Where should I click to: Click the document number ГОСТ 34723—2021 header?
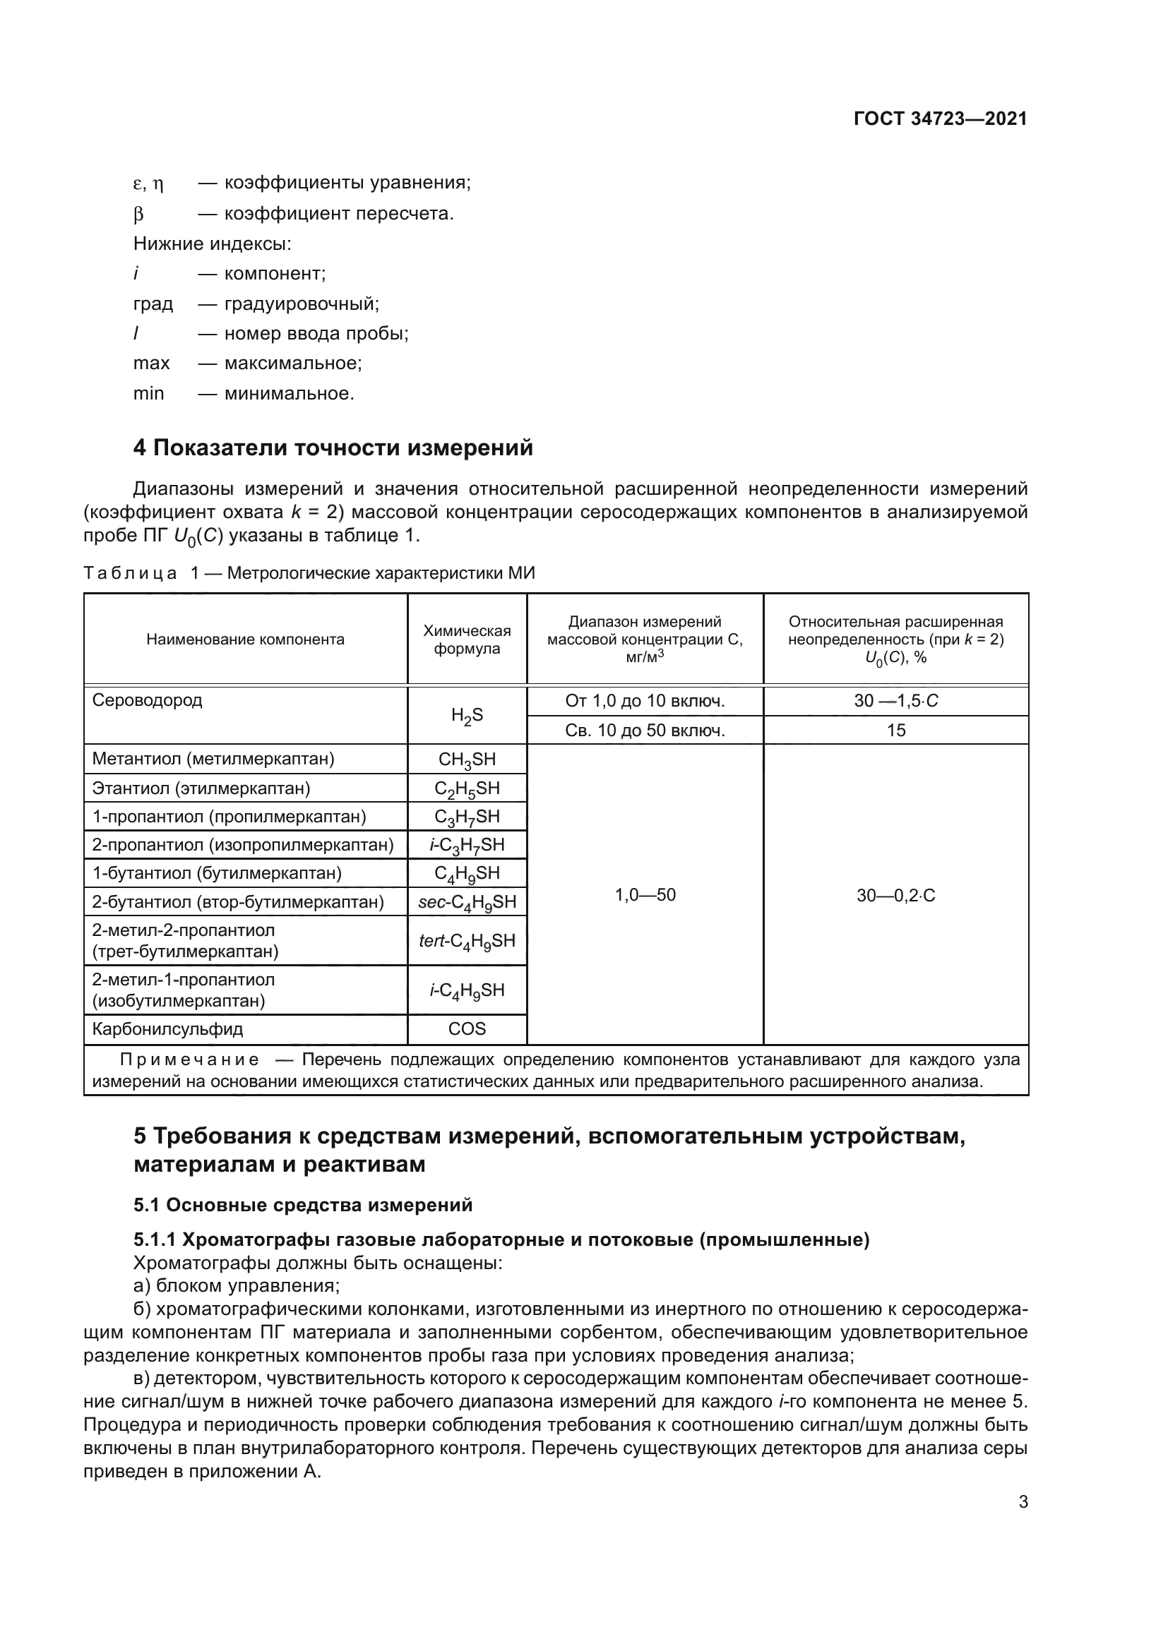pos(940,119)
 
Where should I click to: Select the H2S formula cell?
pos(467,716)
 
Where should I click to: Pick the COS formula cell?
pos(467,1029)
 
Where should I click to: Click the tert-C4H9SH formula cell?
pos(467,940)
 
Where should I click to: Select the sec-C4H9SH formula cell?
pos(467,901)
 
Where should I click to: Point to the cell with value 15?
pos(895,731)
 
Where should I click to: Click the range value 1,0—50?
pos(645,895)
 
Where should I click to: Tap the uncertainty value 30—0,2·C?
pos(895,895)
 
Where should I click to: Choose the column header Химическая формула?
pos(467,640)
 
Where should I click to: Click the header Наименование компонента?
pos(245,640)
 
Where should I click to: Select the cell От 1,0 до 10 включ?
pos(645,701)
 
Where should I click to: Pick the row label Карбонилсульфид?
pos(167,1029)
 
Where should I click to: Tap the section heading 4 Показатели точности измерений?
pos(333,448)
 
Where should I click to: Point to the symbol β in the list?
pos(139,215)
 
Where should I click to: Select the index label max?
pos(151,363)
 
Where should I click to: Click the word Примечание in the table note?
pos(190,1060)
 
